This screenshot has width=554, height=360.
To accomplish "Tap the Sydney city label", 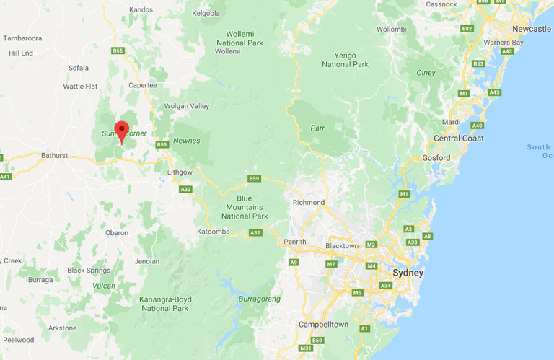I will (x=408, y=273).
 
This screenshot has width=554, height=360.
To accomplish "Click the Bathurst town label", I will (x=54, y=155).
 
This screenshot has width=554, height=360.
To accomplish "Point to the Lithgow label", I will (x=180, y=172).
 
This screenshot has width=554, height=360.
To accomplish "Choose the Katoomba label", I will (x=213, y=232).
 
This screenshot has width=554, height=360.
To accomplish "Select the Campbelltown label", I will (x=323, y=325).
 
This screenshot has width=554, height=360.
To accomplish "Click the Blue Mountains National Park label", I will (x=245, y=207).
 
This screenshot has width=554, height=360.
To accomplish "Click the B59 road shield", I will (x=254, y=179).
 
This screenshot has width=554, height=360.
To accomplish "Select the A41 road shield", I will (x=6, y=176).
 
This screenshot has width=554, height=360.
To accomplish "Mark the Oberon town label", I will (x=116, y=233).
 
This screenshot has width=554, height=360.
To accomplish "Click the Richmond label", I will (x=308, y=203).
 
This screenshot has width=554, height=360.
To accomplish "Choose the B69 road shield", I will (x=317, y=340).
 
